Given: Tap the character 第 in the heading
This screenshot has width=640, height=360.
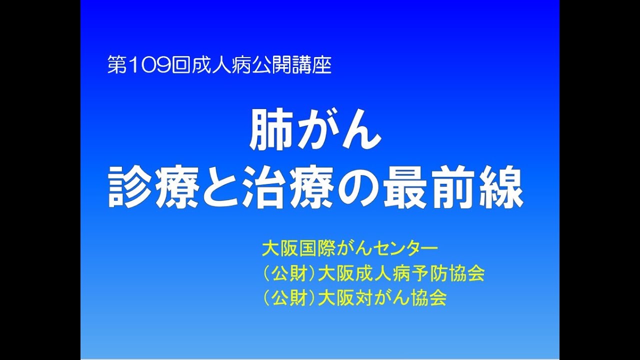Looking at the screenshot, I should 115,65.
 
